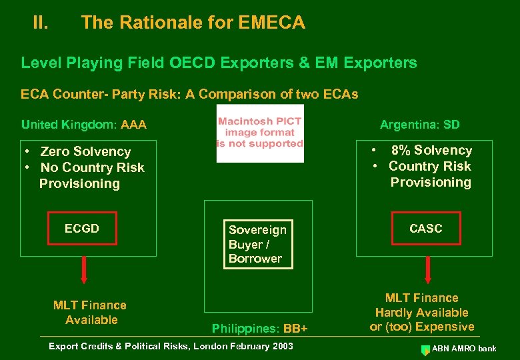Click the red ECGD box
(x=82, y=229)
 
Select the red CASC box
(x=425, y=229)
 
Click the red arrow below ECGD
(x=84, y=269)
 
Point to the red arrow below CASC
(x=427, y=269)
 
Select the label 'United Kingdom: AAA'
(x=84, y=125)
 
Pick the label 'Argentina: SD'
(x=419, y=125)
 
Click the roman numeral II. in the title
(x=41, y=23)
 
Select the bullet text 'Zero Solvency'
(x=85, y=152)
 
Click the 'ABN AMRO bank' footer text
(x=465, y=348)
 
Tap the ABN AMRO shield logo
(x=425, y=349)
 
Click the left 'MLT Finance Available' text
(x=89, y=313)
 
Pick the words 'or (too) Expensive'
(x=422, y=327)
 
